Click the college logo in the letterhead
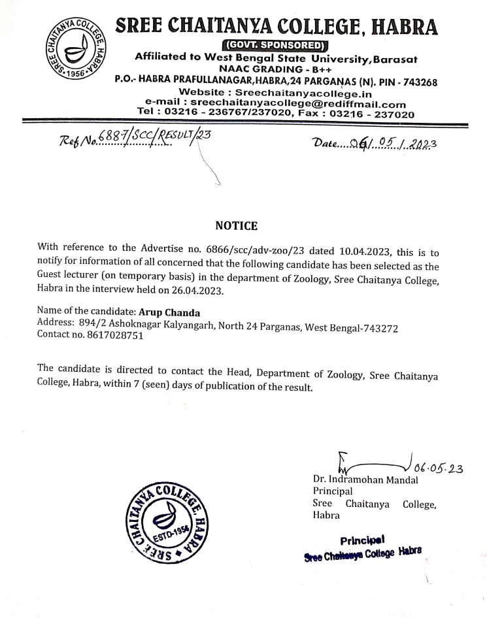pos(70,49)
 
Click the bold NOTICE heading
pos(236,226)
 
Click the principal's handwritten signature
pos(373,465)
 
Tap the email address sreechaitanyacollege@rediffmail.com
pos(298,104)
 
